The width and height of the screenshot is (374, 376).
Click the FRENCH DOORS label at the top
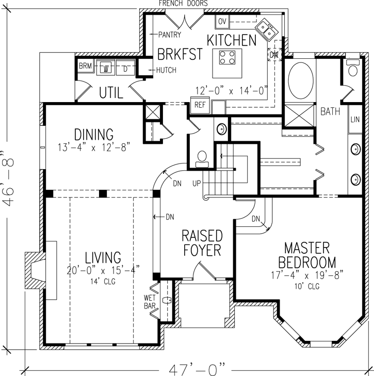183,4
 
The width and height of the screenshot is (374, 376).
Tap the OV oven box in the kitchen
222,22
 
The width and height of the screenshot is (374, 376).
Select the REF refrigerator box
199,105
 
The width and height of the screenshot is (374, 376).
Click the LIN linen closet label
355,119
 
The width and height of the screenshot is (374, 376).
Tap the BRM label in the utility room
85,67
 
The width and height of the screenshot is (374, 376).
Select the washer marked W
106,68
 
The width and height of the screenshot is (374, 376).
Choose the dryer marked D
125,68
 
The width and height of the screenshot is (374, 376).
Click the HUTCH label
166,70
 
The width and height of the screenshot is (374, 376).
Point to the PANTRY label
169,35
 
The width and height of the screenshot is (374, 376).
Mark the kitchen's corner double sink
267,28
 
